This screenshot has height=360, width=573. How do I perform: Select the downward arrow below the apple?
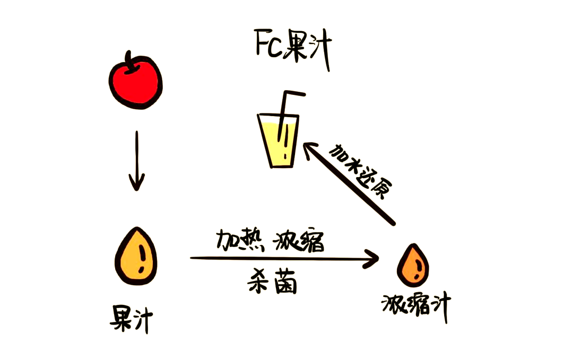coord(137,161)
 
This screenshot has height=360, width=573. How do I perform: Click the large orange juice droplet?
coord(136,256)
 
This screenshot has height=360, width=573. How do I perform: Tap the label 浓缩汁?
coord(416,306)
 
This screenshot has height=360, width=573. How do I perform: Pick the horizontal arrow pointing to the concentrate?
coord(284,259)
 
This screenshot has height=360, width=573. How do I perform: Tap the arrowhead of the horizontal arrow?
coord(371,259)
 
